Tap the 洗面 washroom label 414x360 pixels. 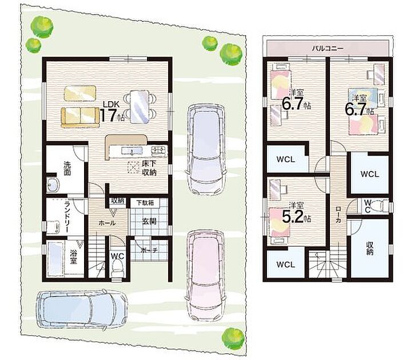click(67, 169)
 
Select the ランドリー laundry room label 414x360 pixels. click(67, 217)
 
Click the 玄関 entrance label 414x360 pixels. click(149, 221)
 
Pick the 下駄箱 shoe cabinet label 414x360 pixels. click(145, 203)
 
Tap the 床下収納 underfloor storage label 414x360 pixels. click(149, 168)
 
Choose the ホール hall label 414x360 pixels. click(107, 223)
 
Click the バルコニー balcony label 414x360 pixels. click(328, 49)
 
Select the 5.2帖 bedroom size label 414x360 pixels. click(296, 217)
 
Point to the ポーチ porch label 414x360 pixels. click(149, 250)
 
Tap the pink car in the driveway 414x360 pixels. click(206, 275)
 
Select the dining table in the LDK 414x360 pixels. click(140, 106)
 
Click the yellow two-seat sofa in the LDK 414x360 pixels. click(80, 117)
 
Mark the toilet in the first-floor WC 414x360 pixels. click(117, 267)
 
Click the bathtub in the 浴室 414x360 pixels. click(55, 259)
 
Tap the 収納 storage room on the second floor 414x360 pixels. click(369, 248)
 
